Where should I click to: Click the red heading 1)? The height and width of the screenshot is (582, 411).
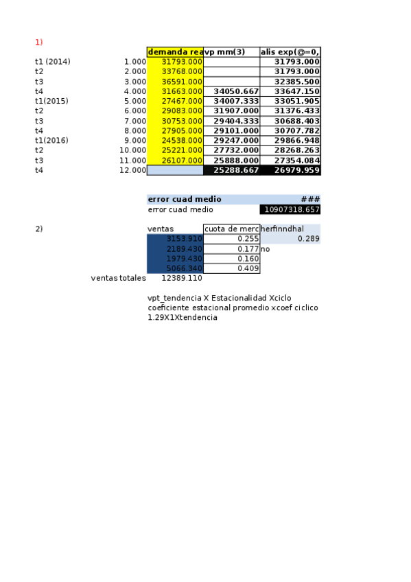point(39,42)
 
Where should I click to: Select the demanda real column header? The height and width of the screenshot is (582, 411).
point(175,52)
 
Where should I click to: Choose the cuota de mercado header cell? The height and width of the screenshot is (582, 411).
point(231,229)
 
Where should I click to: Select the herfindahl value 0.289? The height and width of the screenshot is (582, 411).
point(308,239)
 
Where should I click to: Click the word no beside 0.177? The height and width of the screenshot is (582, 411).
point(265,249)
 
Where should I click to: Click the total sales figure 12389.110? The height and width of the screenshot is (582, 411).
point(182,279)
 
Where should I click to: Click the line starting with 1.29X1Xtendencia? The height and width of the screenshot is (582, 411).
point(183,317)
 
